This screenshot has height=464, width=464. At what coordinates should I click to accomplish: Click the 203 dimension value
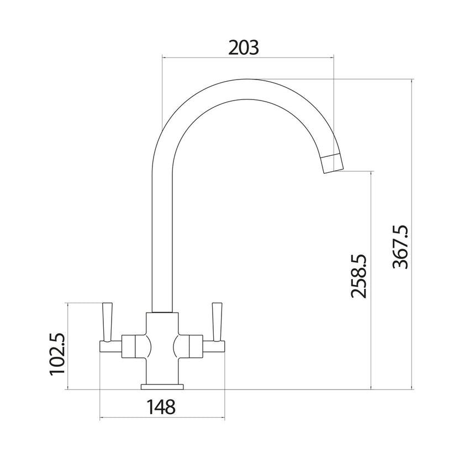[x=243, y=48]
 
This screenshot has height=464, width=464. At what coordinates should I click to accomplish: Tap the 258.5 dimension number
[x=359, y=276]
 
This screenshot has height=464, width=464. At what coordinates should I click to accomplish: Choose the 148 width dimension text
[x=161, y=407]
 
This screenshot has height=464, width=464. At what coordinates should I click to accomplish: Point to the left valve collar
[x=130, y=346]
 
